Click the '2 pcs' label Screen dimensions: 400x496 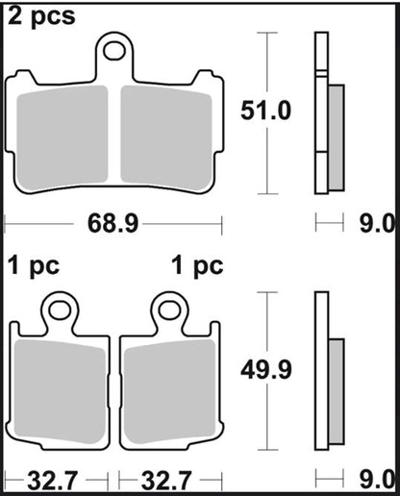coord(41,17)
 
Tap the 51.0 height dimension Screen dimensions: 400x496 coord(265,111)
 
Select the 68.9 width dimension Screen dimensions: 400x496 coord(112,223)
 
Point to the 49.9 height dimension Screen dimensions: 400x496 coord(266,370)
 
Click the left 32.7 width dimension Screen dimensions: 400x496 coord(53,481)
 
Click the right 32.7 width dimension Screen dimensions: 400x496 coord(166,481)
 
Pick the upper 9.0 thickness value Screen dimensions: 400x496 coord(377,223)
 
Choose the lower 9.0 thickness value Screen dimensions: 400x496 coord(377,481)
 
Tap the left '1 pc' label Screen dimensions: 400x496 coord(34,266)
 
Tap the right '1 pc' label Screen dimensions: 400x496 coord(197,266)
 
